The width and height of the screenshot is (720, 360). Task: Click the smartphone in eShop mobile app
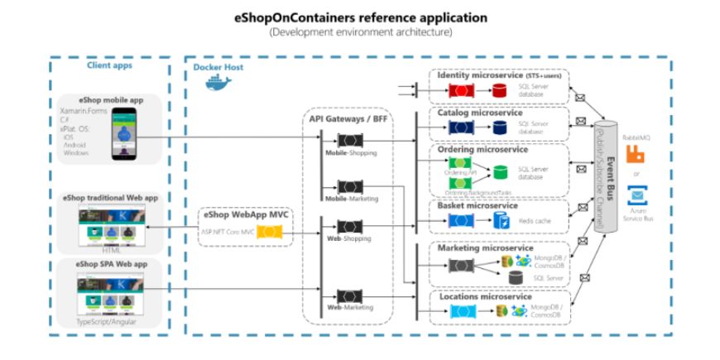coord(123,132)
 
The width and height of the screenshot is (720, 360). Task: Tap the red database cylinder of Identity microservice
coord(501,89)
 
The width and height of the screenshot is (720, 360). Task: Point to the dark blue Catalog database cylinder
coord(501,127)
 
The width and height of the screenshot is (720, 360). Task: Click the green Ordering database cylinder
coord(501,173)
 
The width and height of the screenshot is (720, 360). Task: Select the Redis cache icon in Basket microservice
coord(501,220)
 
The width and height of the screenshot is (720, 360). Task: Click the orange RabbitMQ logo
coord(636,153)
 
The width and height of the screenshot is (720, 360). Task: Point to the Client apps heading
coord(110,65)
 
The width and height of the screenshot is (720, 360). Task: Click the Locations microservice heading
coord(484,295)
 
